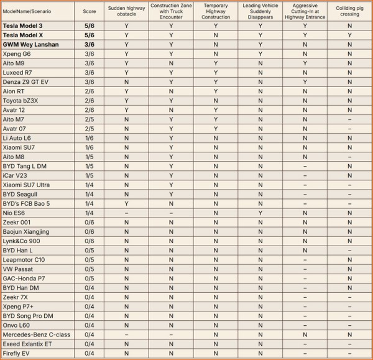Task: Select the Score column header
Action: [x=90, y=11]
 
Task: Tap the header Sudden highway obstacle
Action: [x=126, y=11]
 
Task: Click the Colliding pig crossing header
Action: [x=349, y=11]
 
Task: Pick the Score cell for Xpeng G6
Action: [x=90, y=53]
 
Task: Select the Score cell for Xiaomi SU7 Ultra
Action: [x=90, y=185]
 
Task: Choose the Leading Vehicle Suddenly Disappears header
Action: [x=260, y=11]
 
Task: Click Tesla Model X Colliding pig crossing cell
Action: [x=349, y=35]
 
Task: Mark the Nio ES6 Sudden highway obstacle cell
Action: [x=126, y=213]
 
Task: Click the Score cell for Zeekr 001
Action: [x=90, y=222]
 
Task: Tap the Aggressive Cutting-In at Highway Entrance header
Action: [x=305, y=11]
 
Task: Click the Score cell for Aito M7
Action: [x=90, y=119]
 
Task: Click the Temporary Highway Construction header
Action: [x=215, y=11]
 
